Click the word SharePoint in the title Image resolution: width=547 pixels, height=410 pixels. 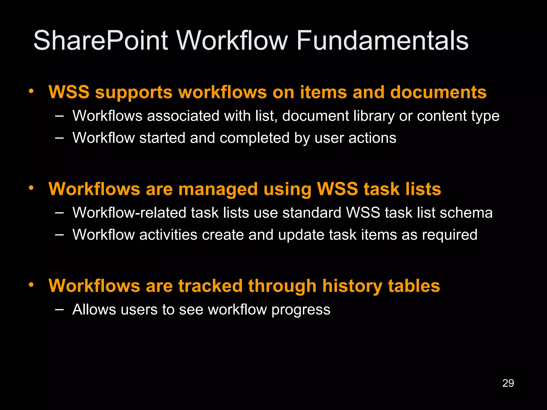[101, 41]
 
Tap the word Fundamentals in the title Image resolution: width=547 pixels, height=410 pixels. [382, 41]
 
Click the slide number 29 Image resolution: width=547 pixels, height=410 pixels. [508, 383]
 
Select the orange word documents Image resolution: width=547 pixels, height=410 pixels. [438, 92]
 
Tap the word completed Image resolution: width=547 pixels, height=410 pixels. [255, 138]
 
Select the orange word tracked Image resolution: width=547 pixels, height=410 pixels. [210, 286]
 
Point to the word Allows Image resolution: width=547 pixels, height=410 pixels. [94, 310]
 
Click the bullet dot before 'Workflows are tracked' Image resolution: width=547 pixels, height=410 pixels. [32, 285]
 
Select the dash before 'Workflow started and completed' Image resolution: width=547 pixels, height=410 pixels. [59, 138]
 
